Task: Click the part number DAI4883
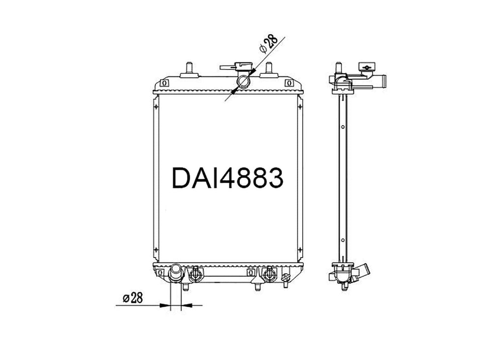[227, 177]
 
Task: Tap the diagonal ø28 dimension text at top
[268, 45]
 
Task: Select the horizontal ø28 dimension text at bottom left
[133, 298]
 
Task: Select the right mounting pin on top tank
[268, 70]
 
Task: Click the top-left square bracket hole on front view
[164, 83]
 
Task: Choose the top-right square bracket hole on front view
[289, 83]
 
